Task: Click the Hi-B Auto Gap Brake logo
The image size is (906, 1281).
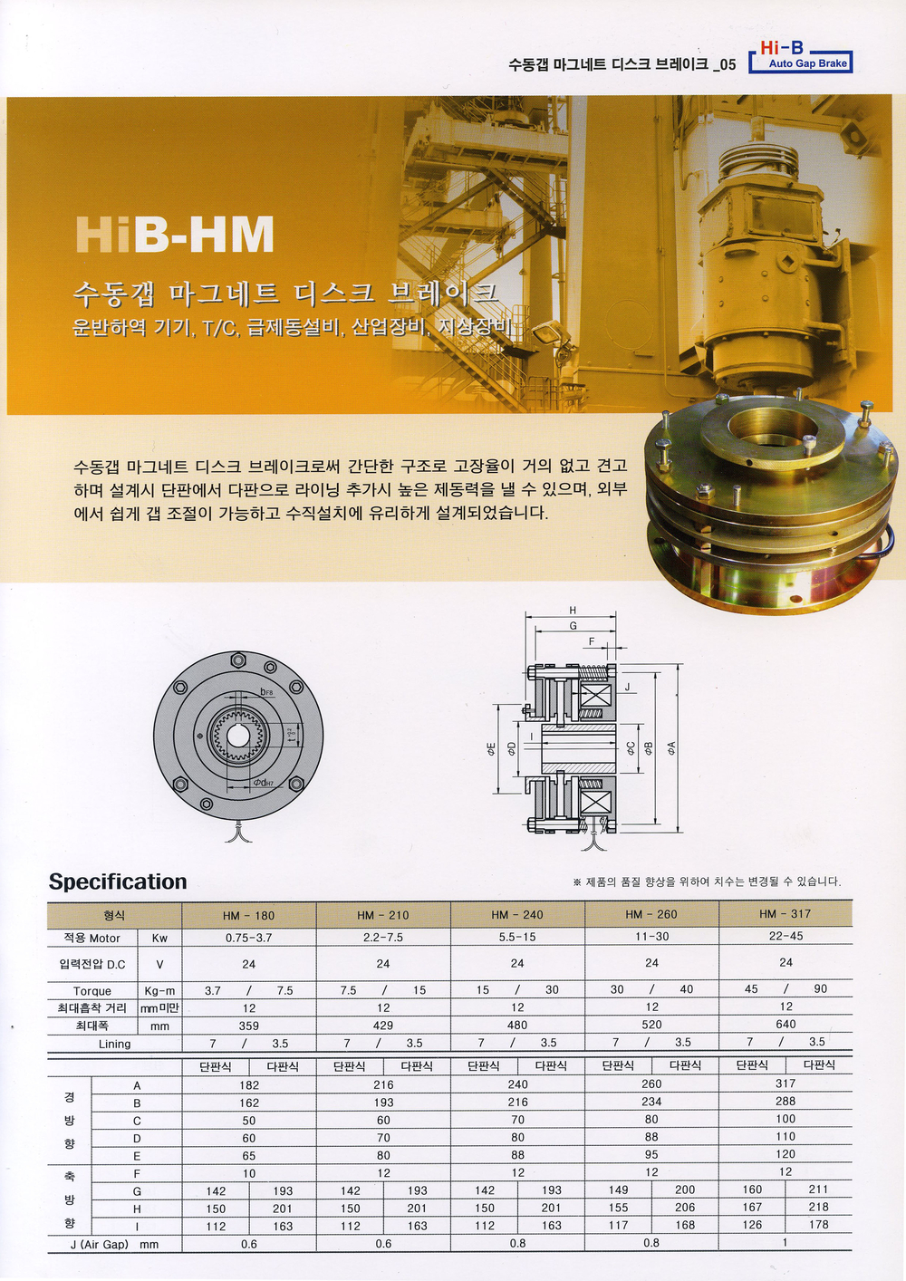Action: [x=800, y=56]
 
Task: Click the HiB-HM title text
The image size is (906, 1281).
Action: [x=175, y=234]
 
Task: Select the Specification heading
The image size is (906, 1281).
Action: [x=118, y=881]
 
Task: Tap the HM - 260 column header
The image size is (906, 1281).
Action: [x=651, y=914]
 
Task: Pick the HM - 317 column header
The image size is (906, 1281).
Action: [x=786, y=914]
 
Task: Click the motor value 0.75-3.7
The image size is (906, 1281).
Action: [x=249, y=938]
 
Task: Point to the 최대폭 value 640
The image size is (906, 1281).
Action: [x=786, y=1024]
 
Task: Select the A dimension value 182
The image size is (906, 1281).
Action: [x=249, y=1084]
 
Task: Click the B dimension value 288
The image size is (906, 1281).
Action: [x=786, y=1101]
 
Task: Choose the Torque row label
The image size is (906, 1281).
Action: [x=92, y=990]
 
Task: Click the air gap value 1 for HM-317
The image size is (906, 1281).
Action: [x=786, y=1241]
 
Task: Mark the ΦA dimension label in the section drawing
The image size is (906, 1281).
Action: [x=671, y=747]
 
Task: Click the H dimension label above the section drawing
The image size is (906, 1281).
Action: [x=573, y=611]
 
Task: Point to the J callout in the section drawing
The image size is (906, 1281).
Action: [x=628, y=688]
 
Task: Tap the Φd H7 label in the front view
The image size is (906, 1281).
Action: [x=264, y=782]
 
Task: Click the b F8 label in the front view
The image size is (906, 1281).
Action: [x=267, y=692]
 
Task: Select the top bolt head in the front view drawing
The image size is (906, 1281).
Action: [x=238, y=660]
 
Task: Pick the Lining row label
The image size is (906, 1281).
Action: [x=114, y=1044]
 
